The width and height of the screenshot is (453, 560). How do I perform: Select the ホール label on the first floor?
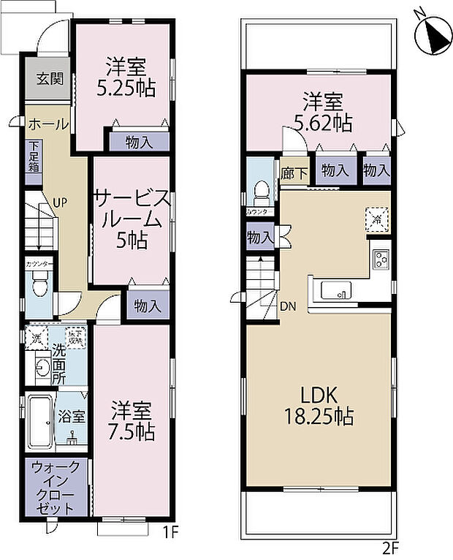(x=48, y=124)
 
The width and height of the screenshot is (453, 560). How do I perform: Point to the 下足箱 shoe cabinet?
(x=34, y=156)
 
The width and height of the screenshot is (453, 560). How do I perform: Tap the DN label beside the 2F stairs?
(x=288, y=307)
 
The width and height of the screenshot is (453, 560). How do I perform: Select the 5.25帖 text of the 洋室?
(x=129, y=89)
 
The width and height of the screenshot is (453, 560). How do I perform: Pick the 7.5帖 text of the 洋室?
(x=132, y=431)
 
